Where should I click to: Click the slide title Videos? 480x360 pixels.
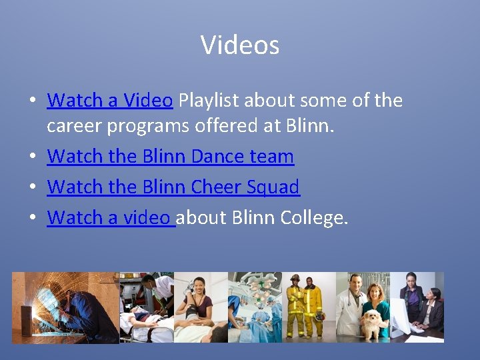pos(239,45)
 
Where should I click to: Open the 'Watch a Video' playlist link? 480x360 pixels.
pos(110,101)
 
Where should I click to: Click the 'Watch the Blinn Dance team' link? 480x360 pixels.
pos(170,157)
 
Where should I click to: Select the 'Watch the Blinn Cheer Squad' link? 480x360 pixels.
pos(173,187)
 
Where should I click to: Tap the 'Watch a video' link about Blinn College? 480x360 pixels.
pos(110,217)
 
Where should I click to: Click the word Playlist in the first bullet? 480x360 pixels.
pos(209,101)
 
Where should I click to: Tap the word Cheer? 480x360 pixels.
pos(215,187)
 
